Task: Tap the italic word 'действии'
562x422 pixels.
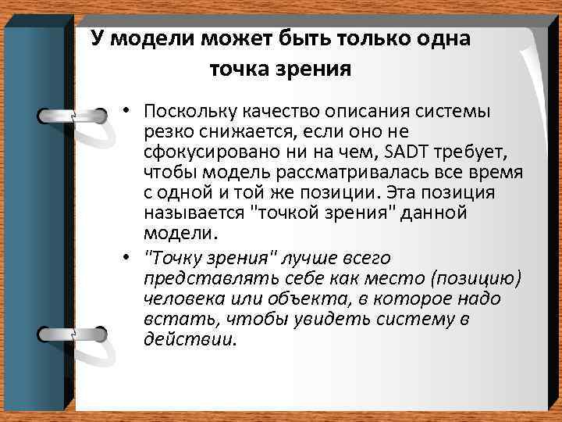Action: (x=189, y=340)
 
